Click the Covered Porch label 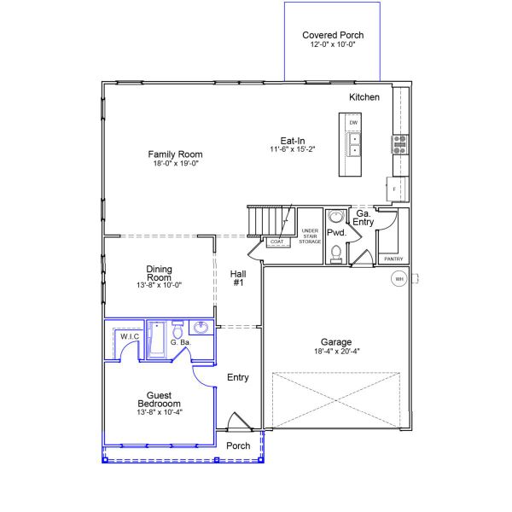333,35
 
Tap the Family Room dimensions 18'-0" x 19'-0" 176,163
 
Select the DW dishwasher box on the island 353,123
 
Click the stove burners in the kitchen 400,144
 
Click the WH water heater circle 399,279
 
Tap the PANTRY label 393,259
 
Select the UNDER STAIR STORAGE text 310,236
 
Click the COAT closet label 276,241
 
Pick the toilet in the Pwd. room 336,254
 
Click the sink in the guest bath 201,328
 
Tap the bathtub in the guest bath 157,340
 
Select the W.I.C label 130,336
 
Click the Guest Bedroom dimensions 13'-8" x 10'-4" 160,412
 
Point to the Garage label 336,342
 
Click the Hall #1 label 238,278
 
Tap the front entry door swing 239,421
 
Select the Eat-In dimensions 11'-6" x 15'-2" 292,149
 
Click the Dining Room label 159,273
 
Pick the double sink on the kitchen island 353,145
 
